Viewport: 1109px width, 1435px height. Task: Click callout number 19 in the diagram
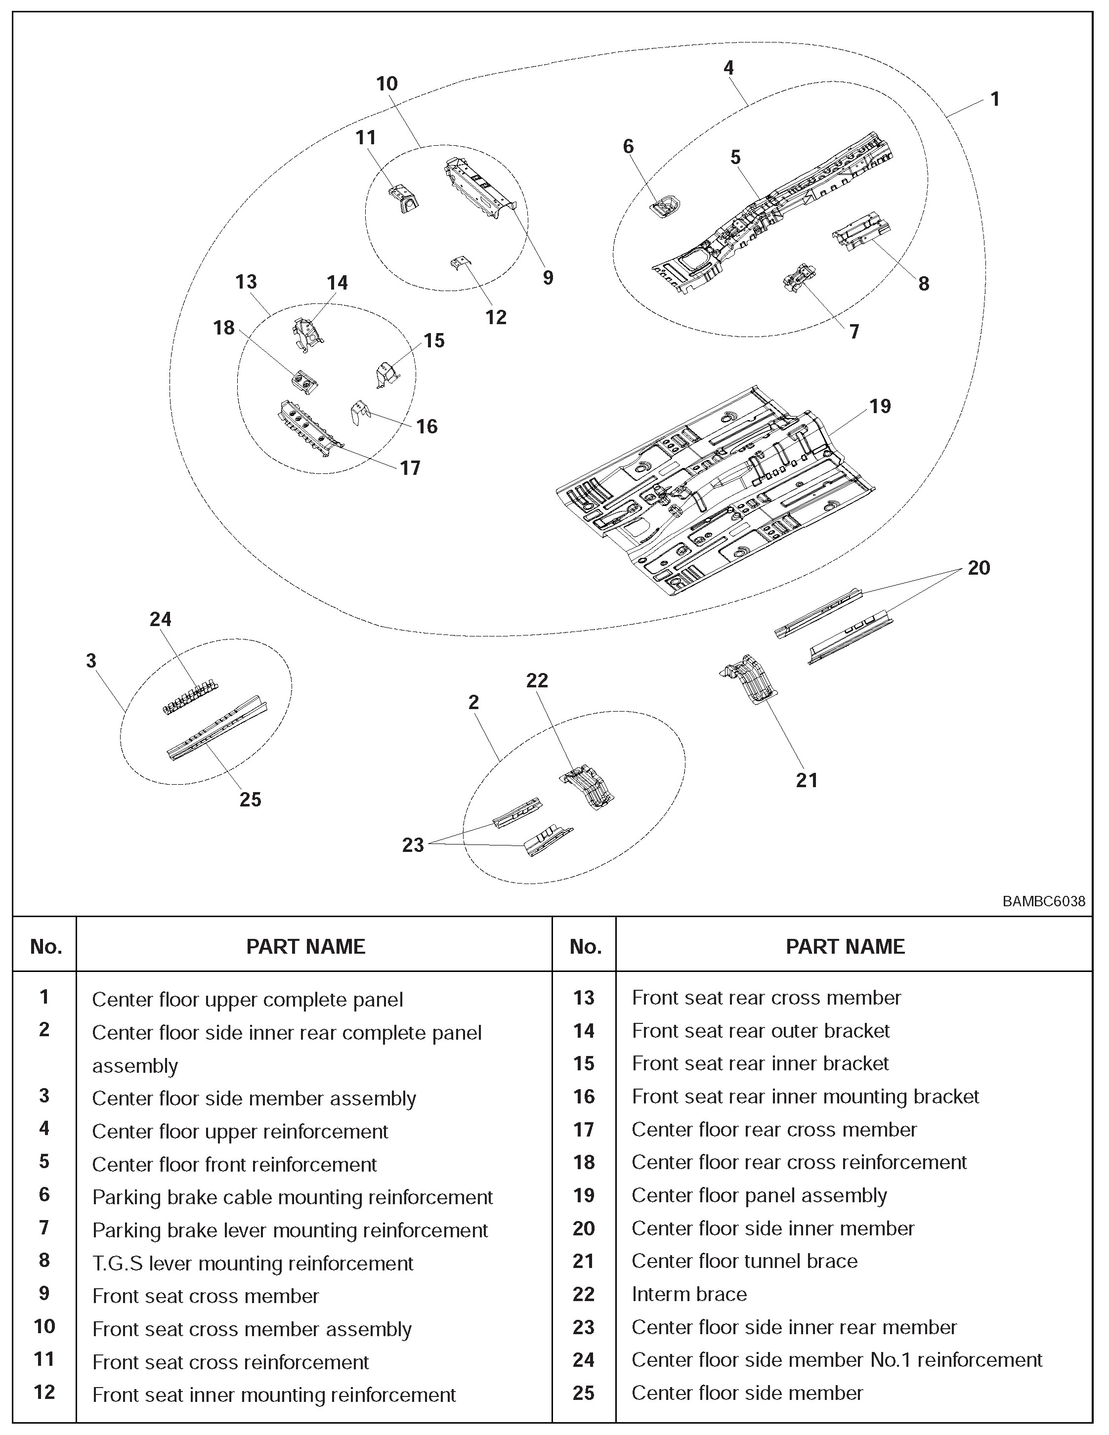click(880, 406)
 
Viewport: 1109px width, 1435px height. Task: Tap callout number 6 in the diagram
click(628, 147)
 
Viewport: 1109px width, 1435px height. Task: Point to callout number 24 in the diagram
click(160, 619)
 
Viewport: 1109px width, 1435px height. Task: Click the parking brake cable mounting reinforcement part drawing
click(666, 207)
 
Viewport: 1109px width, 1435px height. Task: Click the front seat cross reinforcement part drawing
click(405, 199)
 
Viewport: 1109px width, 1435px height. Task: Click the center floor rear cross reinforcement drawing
click(305, 382)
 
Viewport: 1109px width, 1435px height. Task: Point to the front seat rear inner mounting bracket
click(359, 413)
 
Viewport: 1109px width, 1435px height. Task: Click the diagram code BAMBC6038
click(1043, 901)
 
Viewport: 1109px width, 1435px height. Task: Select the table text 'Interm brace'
click(689, 1294)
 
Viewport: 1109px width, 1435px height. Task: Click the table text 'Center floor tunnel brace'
click(744, 1261)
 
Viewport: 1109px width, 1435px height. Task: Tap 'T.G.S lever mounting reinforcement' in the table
click(253, 1263)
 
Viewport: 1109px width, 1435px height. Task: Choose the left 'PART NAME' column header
click(305, 946)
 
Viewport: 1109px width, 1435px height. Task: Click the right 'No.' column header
click(585, 946)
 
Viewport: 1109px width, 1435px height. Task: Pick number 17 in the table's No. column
click(583, 1130)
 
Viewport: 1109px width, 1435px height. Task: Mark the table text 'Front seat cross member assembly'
click(252, 1329)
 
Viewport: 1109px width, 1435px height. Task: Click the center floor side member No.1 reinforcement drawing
click(190, 697)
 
